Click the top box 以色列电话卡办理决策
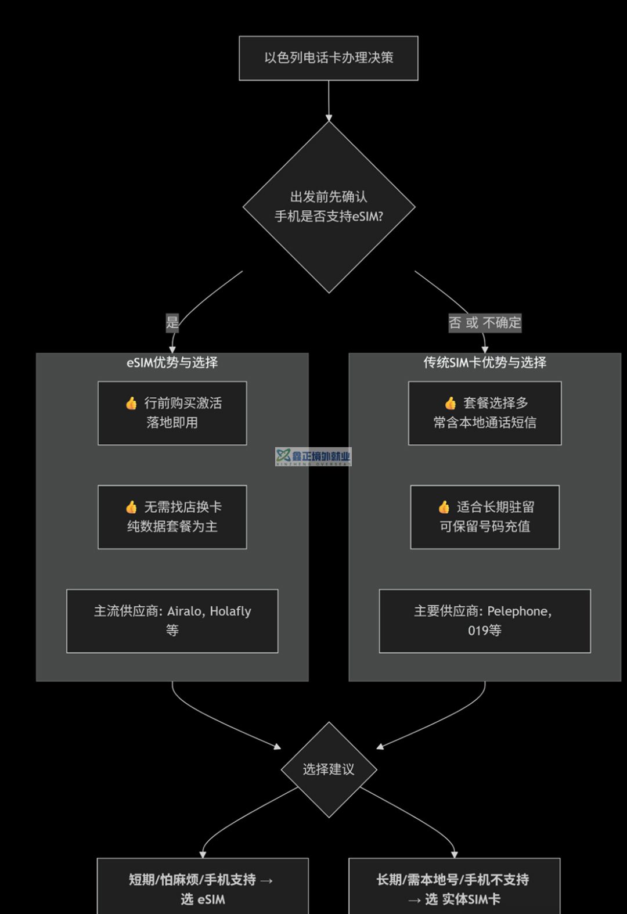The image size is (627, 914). click(x=329, y=58)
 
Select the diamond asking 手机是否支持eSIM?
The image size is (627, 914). click(x=329, y=207)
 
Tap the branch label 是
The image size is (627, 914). click(x=172, y=323)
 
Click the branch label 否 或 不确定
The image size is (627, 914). click(x=485, y=323)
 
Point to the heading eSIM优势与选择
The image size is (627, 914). click(x=172, y=363)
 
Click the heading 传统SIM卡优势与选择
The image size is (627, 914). click(x=485, y=363)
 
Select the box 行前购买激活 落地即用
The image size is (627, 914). click(x=172, y=413)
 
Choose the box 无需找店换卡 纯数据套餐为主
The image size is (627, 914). click(x=172, y=517)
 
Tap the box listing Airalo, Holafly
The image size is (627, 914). click(x=172, y=621)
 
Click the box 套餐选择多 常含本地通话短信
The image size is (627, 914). click(x=485, y=413)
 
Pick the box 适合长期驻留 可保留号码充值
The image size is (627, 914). click(x=485, y=517)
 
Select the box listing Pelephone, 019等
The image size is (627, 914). click(x=485, y=621)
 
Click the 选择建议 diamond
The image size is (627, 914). click(x=329, y=769)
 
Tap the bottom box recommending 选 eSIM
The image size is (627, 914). click(x=203, y=888)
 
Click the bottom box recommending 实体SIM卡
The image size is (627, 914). click(x=454, y=888)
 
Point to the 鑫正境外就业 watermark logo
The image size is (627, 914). click(x=313, y=456)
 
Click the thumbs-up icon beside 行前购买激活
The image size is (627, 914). click(x=132, y=404)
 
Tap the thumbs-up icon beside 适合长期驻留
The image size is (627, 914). click(x=444, y=508)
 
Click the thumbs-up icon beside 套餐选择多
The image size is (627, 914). click(x=451, y=404)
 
